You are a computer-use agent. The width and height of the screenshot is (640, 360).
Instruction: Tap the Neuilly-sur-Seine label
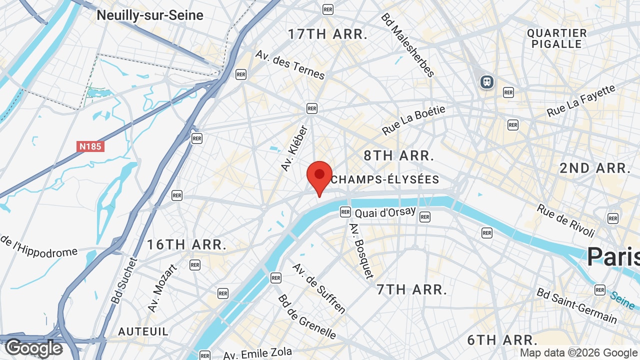click(x=150, y=15)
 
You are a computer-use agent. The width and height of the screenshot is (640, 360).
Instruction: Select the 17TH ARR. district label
click(x=327, y=34)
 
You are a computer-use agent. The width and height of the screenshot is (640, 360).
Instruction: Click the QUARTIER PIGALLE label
click(x=556, y=38)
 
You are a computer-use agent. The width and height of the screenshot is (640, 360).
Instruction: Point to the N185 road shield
click(x=90, y=146)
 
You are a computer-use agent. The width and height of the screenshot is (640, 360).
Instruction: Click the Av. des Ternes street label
click(x=290, y=64)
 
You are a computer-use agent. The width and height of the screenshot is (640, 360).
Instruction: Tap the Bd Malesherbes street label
click(x=407, y=45)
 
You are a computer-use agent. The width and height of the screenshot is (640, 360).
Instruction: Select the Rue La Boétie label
click(x=413, y=120)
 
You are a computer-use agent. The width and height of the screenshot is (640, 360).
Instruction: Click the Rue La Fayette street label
click(x=581, y=101)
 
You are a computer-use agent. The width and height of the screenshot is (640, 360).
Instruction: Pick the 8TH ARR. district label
click(x=398, y=155)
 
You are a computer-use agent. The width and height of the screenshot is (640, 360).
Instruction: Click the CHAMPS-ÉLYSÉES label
click(x=385, y=179)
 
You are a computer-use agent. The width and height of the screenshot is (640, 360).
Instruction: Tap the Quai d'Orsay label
click(x=385, y=212)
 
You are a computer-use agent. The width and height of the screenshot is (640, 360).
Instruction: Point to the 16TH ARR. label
click(x=186, y=244)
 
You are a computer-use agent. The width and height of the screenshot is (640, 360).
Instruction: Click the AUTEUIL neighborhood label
click(x=143, y=331)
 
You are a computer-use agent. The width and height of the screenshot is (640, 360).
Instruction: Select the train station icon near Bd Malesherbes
click(x=486, y=81)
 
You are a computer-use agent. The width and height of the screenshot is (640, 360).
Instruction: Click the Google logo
click(x=33, y=348)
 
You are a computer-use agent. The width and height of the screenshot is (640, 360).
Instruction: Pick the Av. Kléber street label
click(x=294, y=148)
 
